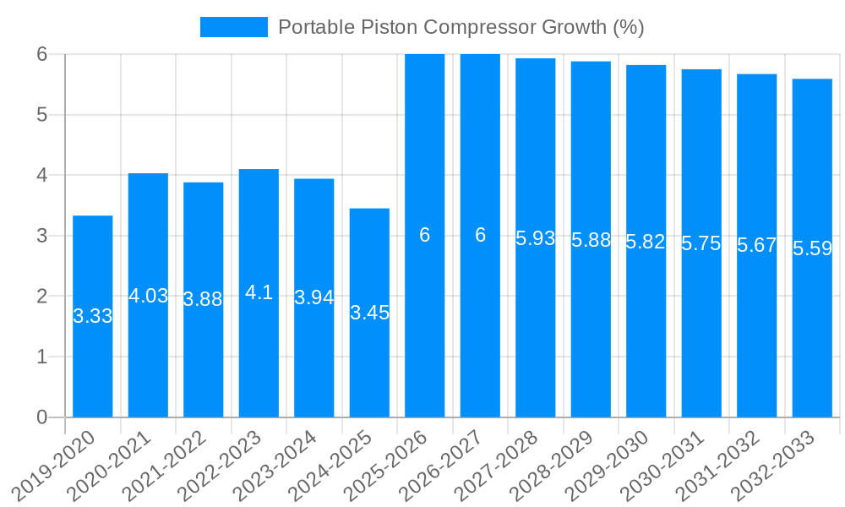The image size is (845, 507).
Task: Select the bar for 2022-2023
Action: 259,355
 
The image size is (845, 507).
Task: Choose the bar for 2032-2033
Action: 812,338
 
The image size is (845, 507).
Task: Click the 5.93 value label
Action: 536,238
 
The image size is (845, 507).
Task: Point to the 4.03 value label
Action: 149,296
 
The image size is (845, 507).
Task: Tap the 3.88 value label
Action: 204,299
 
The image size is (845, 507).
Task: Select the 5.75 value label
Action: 701,243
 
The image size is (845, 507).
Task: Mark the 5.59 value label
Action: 812,249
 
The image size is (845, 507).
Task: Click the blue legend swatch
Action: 233,27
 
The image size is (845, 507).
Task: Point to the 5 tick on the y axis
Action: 41,114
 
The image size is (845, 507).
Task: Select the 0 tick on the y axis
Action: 41,417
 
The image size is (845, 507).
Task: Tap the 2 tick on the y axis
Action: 41,296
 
